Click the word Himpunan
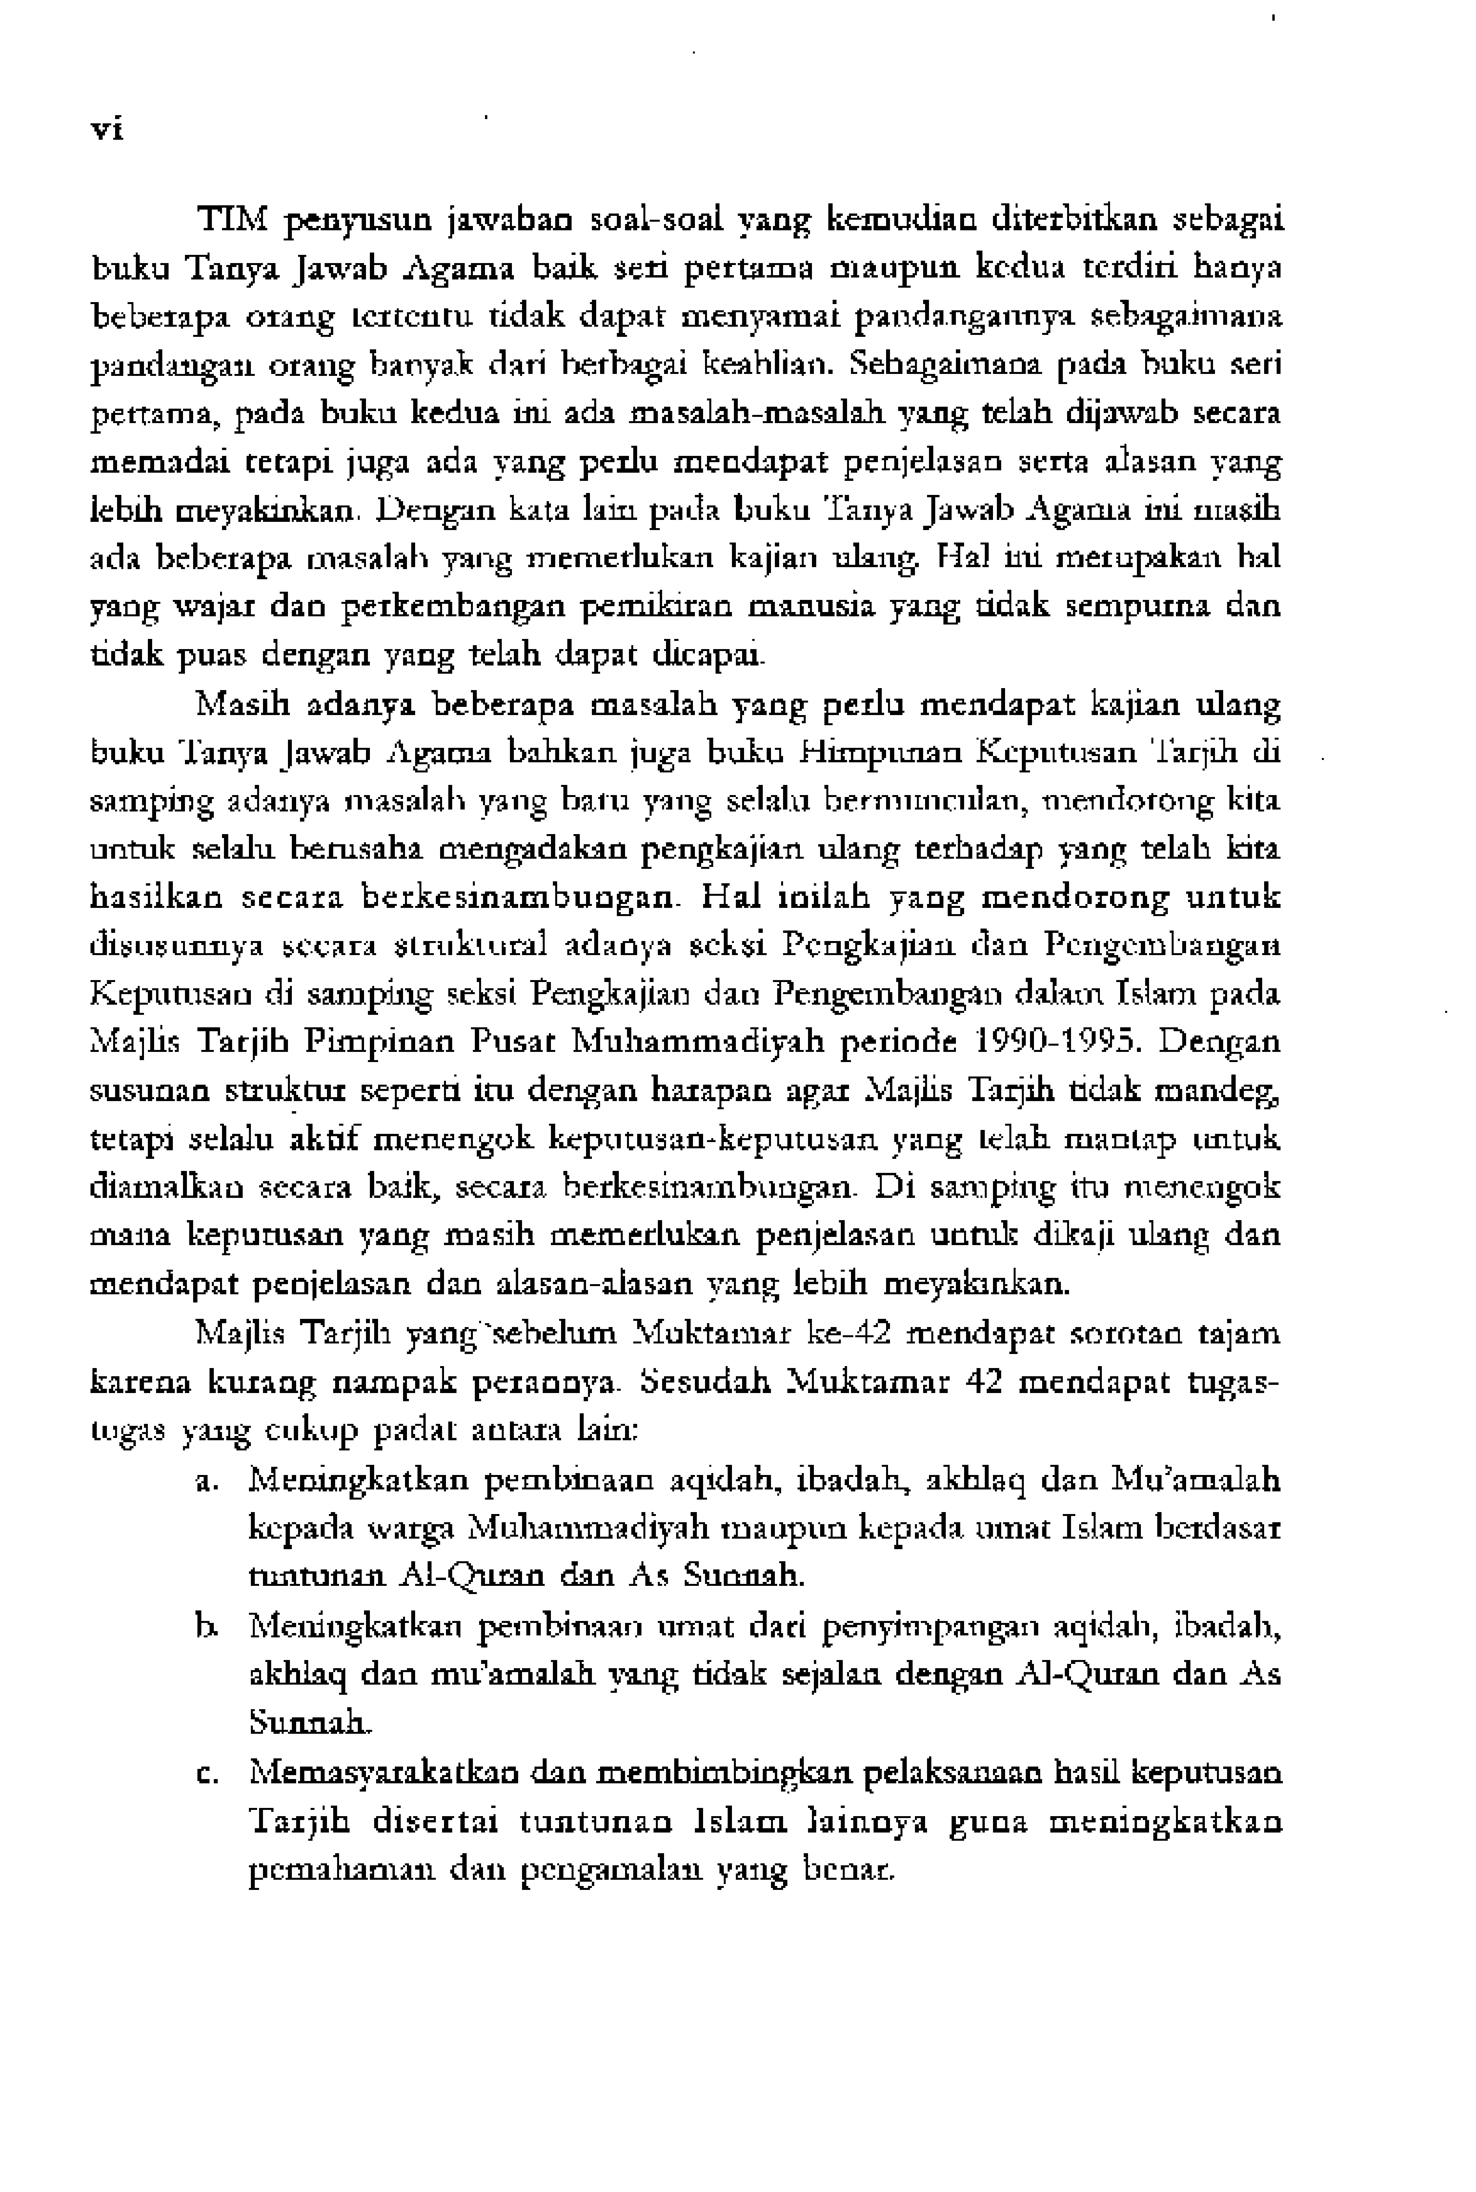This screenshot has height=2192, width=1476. coord(882,752)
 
